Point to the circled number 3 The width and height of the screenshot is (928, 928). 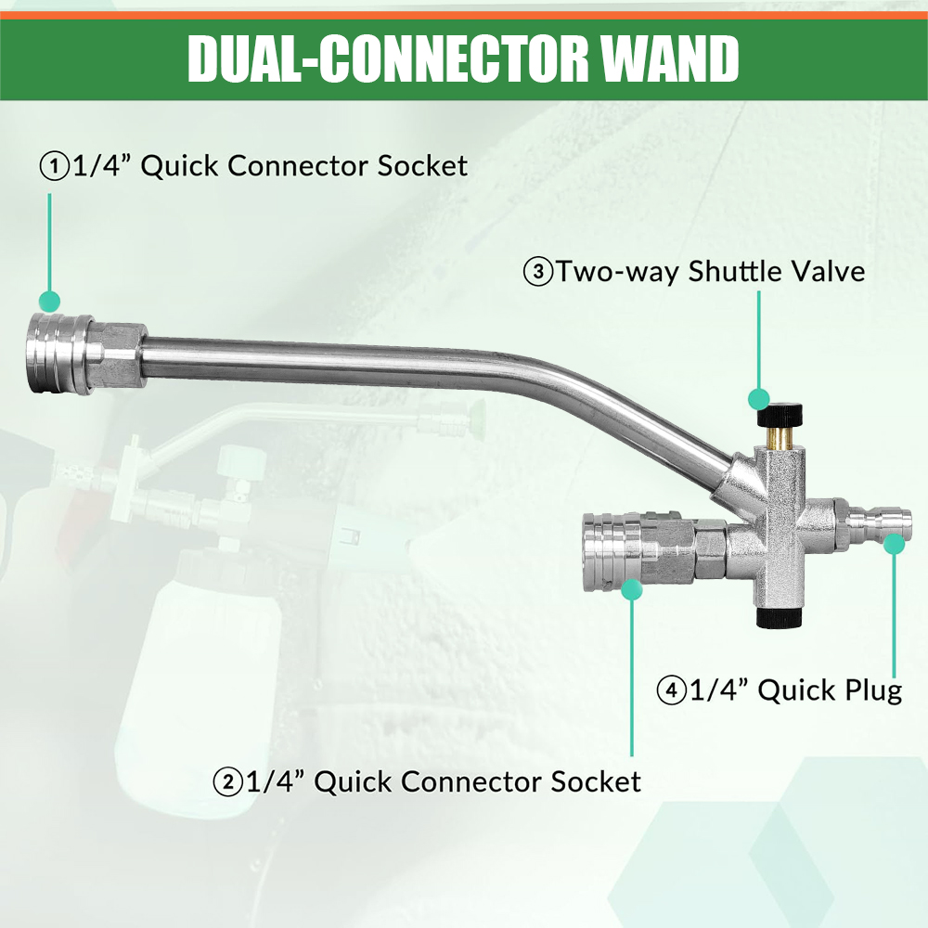538,272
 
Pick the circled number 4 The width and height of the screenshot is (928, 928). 671,690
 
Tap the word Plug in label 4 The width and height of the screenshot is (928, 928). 867,690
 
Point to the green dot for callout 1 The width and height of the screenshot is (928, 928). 49,301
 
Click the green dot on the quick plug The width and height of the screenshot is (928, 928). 894,544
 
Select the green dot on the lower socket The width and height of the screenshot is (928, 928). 632,590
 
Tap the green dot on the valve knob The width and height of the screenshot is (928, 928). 759,399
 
